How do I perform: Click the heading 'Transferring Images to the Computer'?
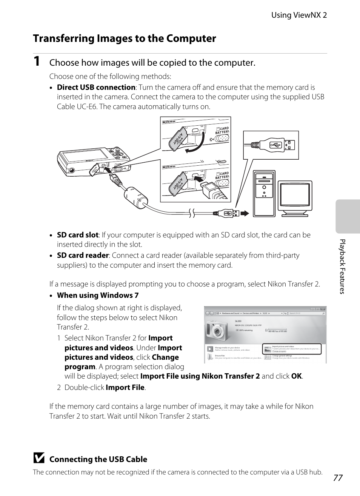125,39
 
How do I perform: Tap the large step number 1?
36,62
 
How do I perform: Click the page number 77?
338,478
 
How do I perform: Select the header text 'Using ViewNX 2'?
299,15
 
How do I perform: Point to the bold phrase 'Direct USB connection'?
96,87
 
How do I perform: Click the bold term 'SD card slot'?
77,235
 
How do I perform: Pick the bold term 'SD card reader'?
83,256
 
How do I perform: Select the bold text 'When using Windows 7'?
98,295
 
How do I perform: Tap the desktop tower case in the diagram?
264,194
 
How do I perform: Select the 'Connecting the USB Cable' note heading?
98,459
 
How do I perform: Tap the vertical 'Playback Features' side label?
342,266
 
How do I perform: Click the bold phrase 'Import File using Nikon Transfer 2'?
200,376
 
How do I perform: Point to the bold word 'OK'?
296,376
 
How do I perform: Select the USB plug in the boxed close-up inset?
280,145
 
